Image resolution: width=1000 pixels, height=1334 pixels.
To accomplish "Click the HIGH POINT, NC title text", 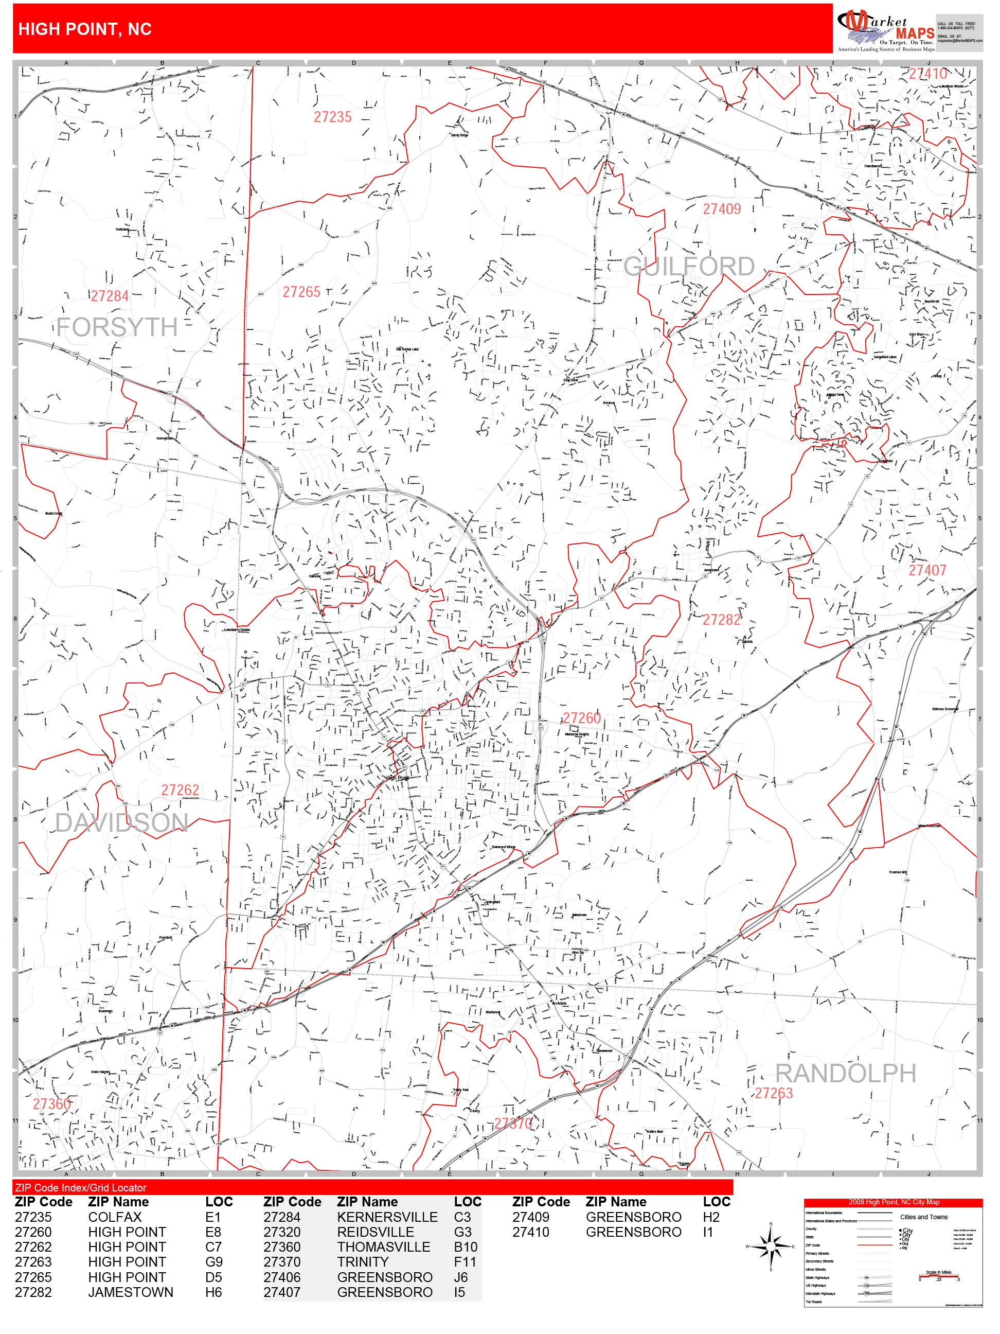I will pyautogui.click(x=85, y=29).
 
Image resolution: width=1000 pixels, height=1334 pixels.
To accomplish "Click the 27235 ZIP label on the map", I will pyautogui.click(x=332, y=117).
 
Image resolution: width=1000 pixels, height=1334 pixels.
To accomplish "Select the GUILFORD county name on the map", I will pyautogui.click(x=688, y=267).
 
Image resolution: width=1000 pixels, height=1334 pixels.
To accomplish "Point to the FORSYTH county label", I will pyautogui.click(x=117, y=327).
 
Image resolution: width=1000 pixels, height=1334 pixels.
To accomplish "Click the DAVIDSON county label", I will pyautogui.click(x=121, y=822).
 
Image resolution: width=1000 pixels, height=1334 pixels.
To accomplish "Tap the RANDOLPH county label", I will pyautogui.click(x=845, y=1074).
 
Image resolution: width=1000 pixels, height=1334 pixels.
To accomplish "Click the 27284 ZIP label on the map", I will pyautogui.click(x=110, y=296).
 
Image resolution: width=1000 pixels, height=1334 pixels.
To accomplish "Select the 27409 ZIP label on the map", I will pyautogui.click(x=722, y=209).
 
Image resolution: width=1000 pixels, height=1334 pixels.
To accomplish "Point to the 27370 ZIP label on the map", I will pyautogui.click(x=513, y=1123).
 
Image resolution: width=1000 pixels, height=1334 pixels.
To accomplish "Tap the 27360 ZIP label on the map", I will pyautogui.click(x=51, y=1103).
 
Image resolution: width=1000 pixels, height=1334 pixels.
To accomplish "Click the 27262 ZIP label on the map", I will pyautogui.click(x=180, y=790).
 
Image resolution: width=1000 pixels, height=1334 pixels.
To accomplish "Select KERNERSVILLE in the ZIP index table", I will pyautogui.click(x=387, y=1217).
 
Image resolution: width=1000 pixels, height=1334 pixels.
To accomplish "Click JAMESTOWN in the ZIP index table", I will pyautogui.click(x=130, y=1292).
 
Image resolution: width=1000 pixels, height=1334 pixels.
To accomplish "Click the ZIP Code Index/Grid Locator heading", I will pyautogui.click(x=80, y=1187).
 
